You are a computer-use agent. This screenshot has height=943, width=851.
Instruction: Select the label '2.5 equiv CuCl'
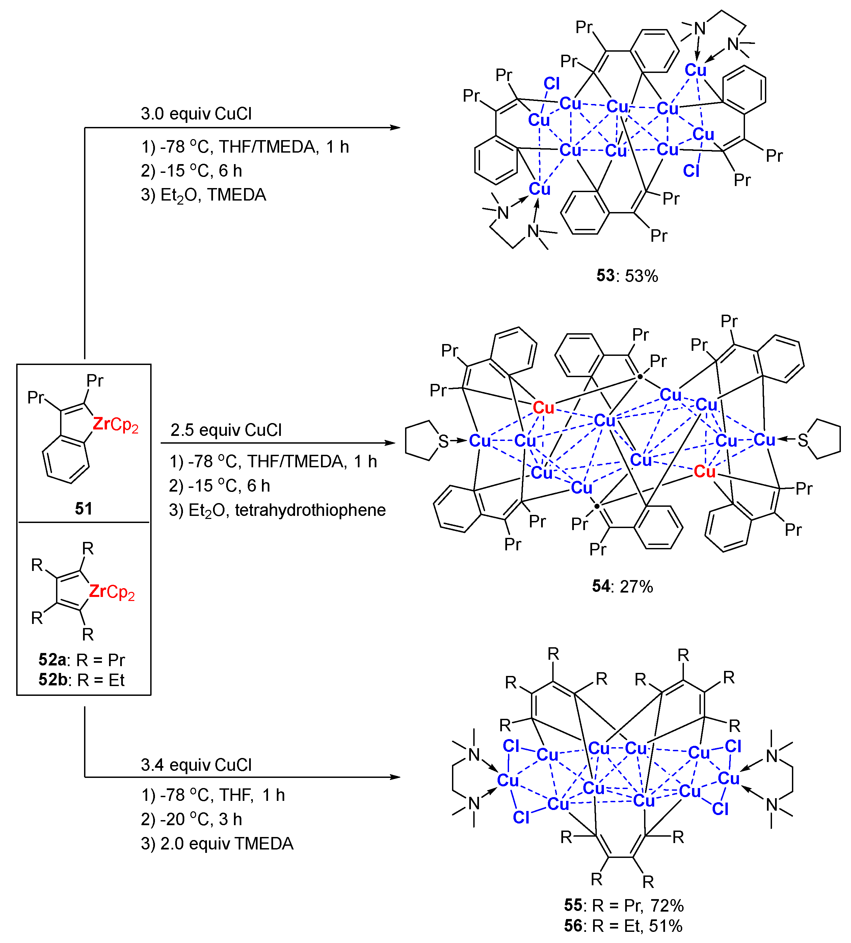[226, 430]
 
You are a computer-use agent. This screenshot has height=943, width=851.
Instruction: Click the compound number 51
[84, 508]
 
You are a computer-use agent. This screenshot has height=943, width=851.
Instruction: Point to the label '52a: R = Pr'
[82, 659]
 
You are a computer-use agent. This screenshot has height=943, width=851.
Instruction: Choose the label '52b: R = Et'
[82, 680]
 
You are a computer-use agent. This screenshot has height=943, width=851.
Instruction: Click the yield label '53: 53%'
[627, 276]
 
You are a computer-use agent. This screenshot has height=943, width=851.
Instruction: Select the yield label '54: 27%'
[622, 586]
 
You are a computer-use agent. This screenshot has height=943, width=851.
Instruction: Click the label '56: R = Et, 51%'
[623, 926]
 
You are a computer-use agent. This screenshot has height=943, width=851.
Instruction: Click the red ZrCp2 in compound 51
[115, 424]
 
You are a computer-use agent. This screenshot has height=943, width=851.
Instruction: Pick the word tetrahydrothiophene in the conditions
[310, 510]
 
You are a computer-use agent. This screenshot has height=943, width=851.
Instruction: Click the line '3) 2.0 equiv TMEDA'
[217, 843]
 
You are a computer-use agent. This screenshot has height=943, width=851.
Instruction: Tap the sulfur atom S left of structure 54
[443, 441]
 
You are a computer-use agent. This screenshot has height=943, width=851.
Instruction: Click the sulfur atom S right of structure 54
[803, 440]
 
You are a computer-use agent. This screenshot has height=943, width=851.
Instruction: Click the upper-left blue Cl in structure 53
[551, 84]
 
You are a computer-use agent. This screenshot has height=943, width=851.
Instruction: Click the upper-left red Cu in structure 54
[543, 408]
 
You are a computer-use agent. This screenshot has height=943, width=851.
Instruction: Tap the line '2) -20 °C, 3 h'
[191, 819]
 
